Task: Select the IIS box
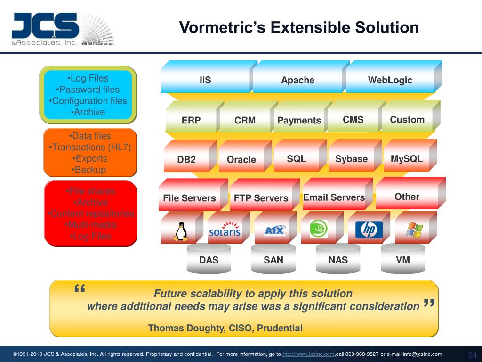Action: (x=205, y=80)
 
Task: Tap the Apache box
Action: (x=297, y=80)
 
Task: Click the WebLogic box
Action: (x=390, y=80)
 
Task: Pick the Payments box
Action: (x=299, y=121)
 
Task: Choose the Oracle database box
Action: (x=241, y=159)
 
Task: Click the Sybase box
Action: (x=351, y=159)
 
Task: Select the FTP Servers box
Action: (x=261, y=198)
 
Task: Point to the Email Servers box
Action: (x=334, y=197)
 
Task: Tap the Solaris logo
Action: (x=225, y=230)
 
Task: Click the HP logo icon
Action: (x=369, y=230)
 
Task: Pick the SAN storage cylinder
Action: (x=273, y=260)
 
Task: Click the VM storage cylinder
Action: (x=402, y=260)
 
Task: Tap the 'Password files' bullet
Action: (x=88, y=90)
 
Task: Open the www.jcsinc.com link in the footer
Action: (x=308, y=354)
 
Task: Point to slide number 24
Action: (x=472, y=355)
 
